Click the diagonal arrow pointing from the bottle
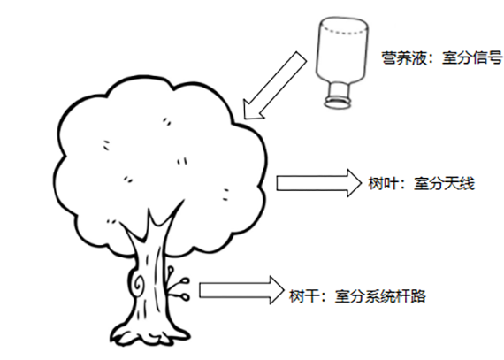275,86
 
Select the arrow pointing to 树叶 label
319,183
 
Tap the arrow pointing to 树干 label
241,290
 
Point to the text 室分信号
472,58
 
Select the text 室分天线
444,184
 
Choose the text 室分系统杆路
380,296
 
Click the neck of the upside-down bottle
339,90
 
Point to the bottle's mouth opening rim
338,103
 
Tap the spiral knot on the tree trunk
139,284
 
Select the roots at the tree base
150,336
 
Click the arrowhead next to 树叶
355,183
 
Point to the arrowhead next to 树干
277,290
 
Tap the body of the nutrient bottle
342,51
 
